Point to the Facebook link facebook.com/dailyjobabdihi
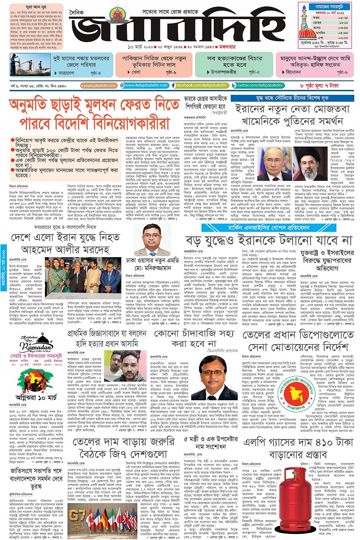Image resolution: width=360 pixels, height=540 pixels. click(x=200, y=85)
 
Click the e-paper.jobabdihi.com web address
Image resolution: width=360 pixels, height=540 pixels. click(x=99, y=86)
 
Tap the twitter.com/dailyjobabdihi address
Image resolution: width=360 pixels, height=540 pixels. click(x=258, y=85)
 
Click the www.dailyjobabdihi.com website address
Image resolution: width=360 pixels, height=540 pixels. click(x=144, y=85)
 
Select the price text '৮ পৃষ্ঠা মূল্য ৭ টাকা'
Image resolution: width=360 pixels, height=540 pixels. click(x=319, y=85)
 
